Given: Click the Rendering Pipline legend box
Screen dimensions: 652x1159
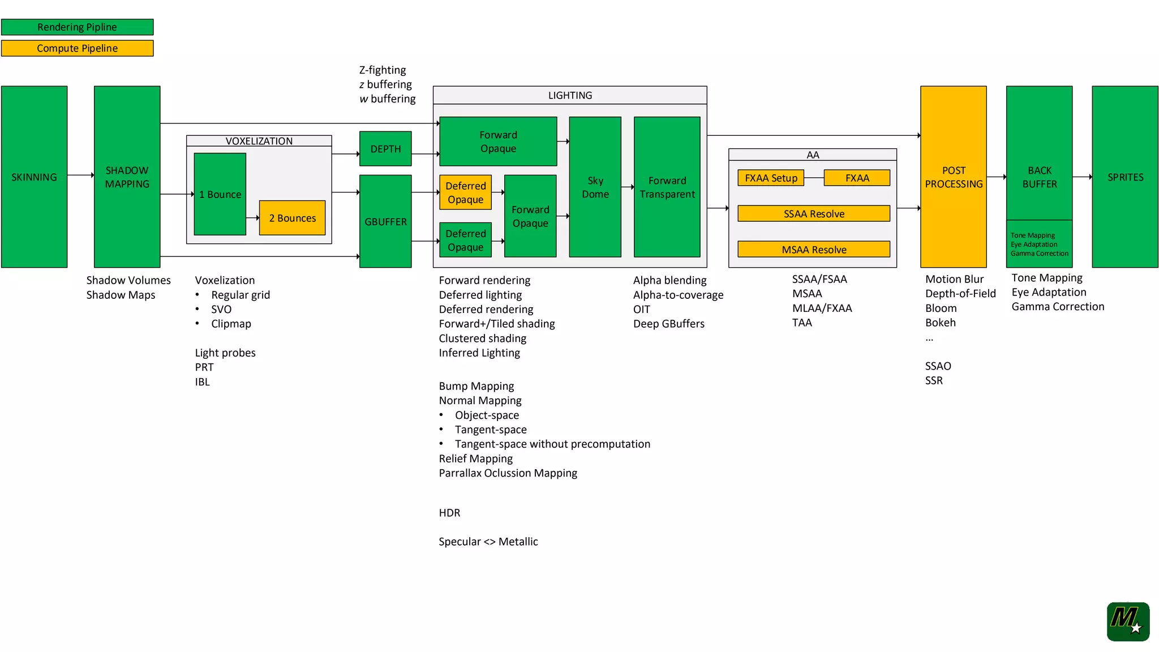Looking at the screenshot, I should [x=77, y=27].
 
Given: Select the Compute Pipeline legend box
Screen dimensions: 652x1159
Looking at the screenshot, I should [x=77, y=48].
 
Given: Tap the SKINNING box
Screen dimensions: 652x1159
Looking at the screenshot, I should [x=34, y=177].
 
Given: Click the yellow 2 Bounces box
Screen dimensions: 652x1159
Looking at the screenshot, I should [x=292, y=218].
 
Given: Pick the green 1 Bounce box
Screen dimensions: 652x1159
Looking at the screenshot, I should [x=220, y=194].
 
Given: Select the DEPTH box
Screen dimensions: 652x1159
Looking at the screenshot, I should [x=385, y=149].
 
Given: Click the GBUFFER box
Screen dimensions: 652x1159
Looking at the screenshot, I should [x=385, y=221].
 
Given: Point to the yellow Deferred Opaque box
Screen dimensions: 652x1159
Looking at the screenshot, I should [x=465, y=192].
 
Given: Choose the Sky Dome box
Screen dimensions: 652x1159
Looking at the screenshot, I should [x=595, y=187].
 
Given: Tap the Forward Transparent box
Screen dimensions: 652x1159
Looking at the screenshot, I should [x=667, y=187].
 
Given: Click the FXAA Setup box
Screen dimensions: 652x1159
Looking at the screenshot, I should [x=771, y=178].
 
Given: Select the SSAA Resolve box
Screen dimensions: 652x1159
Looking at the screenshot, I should [x=814, y=213].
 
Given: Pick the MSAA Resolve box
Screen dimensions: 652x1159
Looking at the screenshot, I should [x=814, y=250].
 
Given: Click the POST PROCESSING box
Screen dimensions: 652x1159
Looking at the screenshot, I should [x=954, y=177].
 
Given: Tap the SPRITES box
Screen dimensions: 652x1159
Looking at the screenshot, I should [x=1125, y=177].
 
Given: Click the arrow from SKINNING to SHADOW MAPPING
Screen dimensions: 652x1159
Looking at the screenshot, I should [x=81, y=175].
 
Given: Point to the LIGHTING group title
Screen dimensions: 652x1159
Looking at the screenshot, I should [x=570, y=95].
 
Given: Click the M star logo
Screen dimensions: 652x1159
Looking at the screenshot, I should [x=1128, y=621].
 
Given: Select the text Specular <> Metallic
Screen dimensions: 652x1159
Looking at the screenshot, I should [x=488, y=542].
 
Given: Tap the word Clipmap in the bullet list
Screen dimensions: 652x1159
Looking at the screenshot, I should [x=231, y=324].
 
